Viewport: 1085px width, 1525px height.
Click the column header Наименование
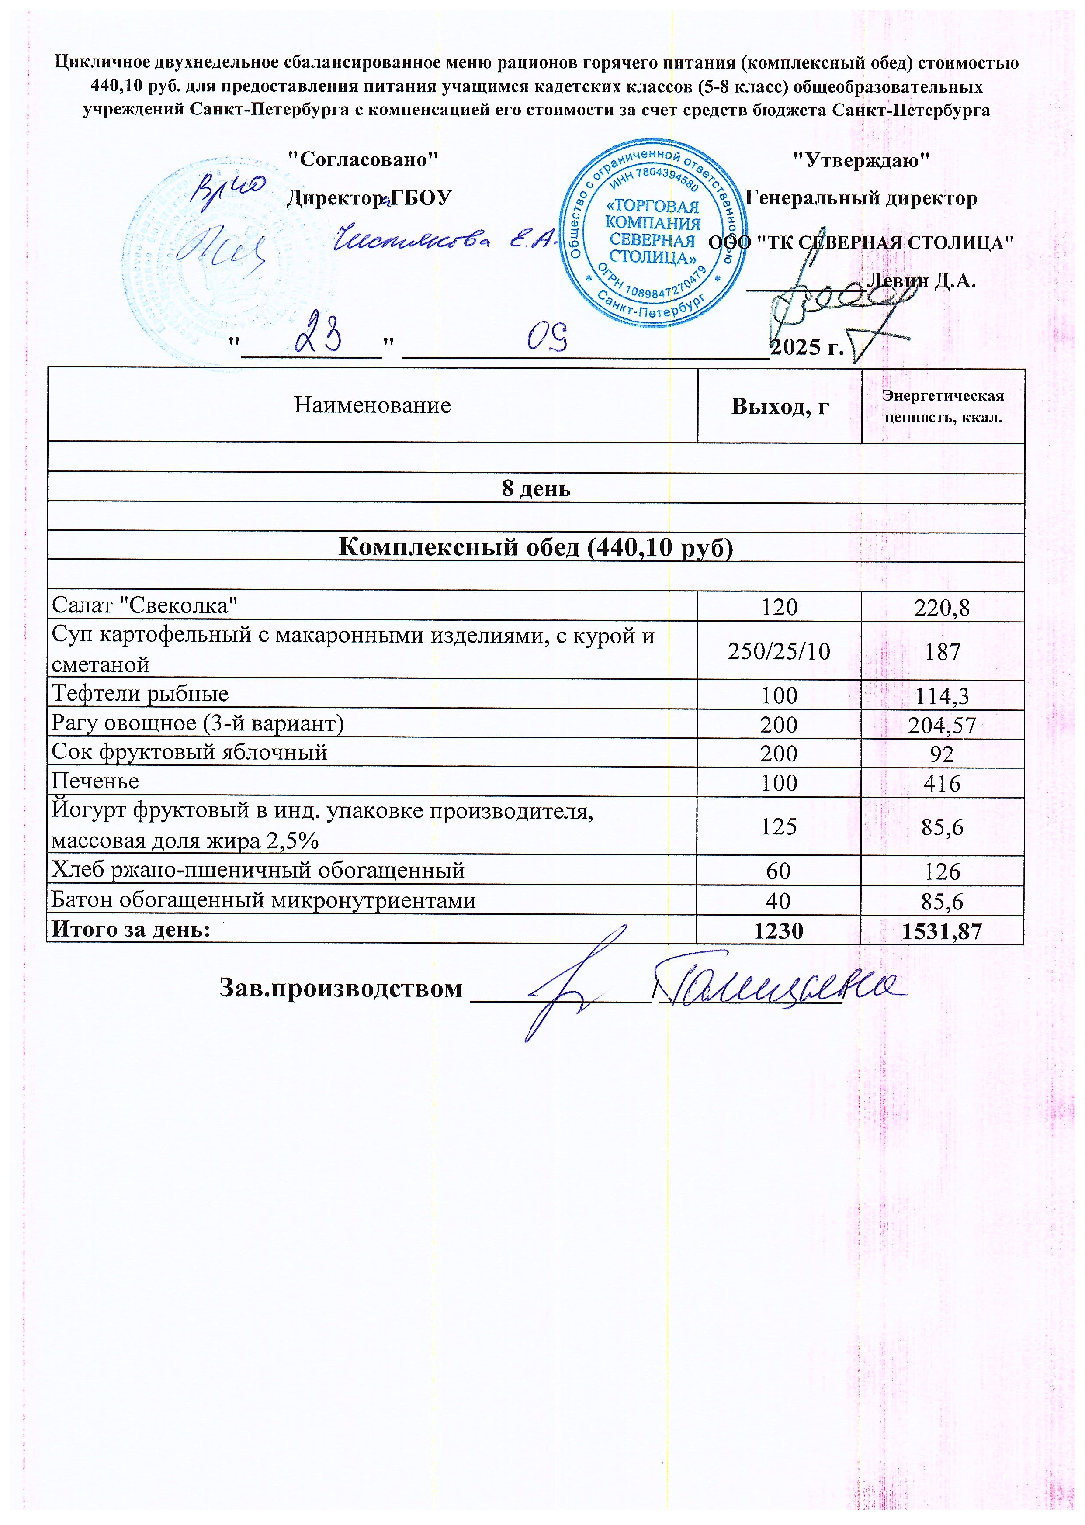coord(372,405)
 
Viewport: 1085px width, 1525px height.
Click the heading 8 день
coord(536,489)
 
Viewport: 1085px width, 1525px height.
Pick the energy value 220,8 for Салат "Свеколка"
coord(943,607)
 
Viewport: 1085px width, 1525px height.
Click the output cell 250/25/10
coord(779,650)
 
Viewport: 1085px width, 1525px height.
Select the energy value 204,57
coord(942,725)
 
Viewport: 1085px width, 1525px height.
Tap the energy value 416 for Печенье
coord(942,783)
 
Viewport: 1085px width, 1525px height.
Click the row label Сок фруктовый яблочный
coord(190,752)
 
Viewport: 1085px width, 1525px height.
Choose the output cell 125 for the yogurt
coord(779,827)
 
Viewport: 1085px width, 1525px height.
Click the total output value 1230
coord(779,930)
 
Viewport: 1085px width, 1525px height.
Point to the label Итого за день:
coord(131,929)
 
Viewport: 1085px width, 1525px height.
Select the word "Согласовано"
coord(363,159)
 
